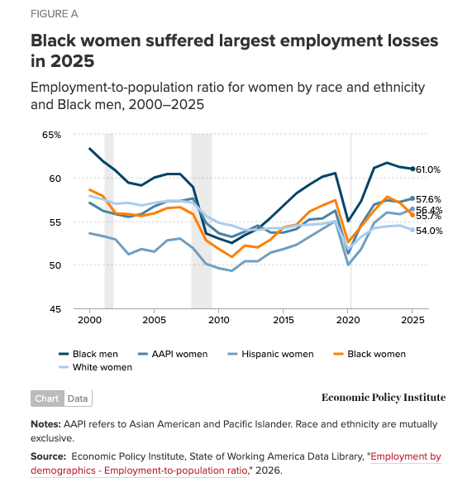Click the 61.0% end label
pyautogui.click(x=428, y=169)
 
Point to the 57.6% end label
pyautogui.click(x=428, y=199)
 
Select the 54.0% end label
pyautogui.click(x=428, y=231)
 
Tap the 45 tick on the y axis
pyautogui.click(x=56, y=308)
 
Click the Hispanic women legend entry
pyautogui.click(x=274, y=354)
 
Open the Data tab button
pyautogui.click(x=78, y=398)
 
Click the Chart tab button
pyautogui.click(x=47, y=398)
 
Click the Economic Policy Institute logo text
pyautogui.click(x=384, y=398)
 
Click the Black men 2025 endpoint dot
pyautogui.click(x=413, y=169)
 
